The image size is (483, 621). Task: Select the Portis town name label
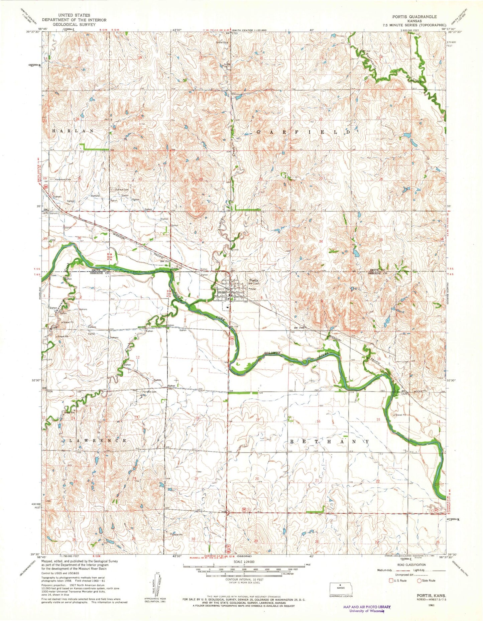click(x=252, y=281)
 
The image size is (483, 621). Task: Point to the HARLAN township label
click(x=73, y=131)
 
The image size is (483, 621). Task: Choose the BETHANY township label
click(x=329, y=442)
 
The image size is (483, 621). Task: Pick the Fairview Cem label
click(x=149, y=392)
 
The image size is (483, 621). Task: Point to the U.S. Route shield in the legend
click(x=390, y=580)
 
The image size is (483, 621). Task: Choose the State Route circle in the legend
click(x=419, y=580)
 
